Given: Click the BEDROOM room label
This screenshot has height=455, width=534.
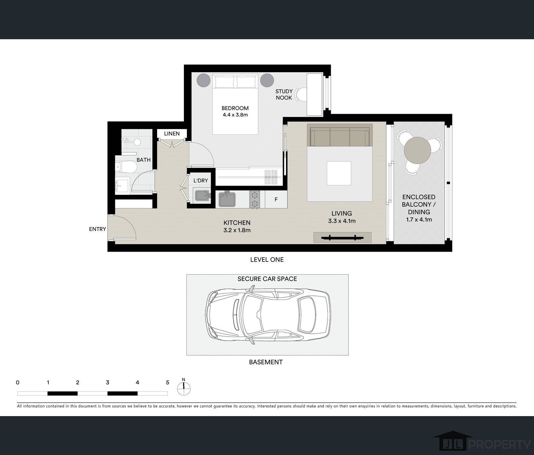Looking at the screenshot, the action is click(x=235, y=108).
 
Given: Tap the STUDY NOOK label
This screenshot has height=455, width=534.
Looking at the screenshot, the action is click(x=284, y=94).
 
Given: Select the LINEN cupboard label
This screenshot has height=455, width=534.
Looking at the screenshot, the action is click(x=172, y=134).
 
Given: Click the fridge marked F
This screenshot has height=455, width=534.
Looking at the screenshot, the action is click(x=276, y=199).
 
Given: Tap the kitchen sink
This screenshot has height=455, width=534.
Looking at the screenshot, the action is click(x=227, y=199).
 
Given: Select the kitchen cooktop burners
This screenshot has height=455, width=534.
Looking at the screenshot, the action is click(x=255, y=200).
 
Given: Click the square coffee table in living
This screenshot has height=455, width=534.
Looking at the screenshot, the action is click(x=339, y=173).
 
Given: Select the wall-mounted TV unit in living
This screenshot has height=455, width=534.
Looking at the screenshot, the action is click(x=342, y=237).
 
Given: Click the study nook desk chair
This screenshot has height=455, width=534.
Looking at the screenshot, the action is click(x=301, y=94).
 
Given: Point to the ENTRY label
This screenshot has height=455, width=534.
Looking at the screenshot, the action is click(x=98, y=229).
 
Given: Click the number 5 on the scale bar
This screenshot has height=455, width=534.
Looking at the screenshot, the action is click(x=168, y=382).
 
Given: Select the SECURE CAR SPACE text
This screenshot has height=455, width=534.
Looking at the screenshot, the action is click(x=267, y=279).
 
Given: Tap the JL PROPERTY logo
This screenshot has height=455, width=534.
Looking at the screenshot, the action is click(x=482, y=442).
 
